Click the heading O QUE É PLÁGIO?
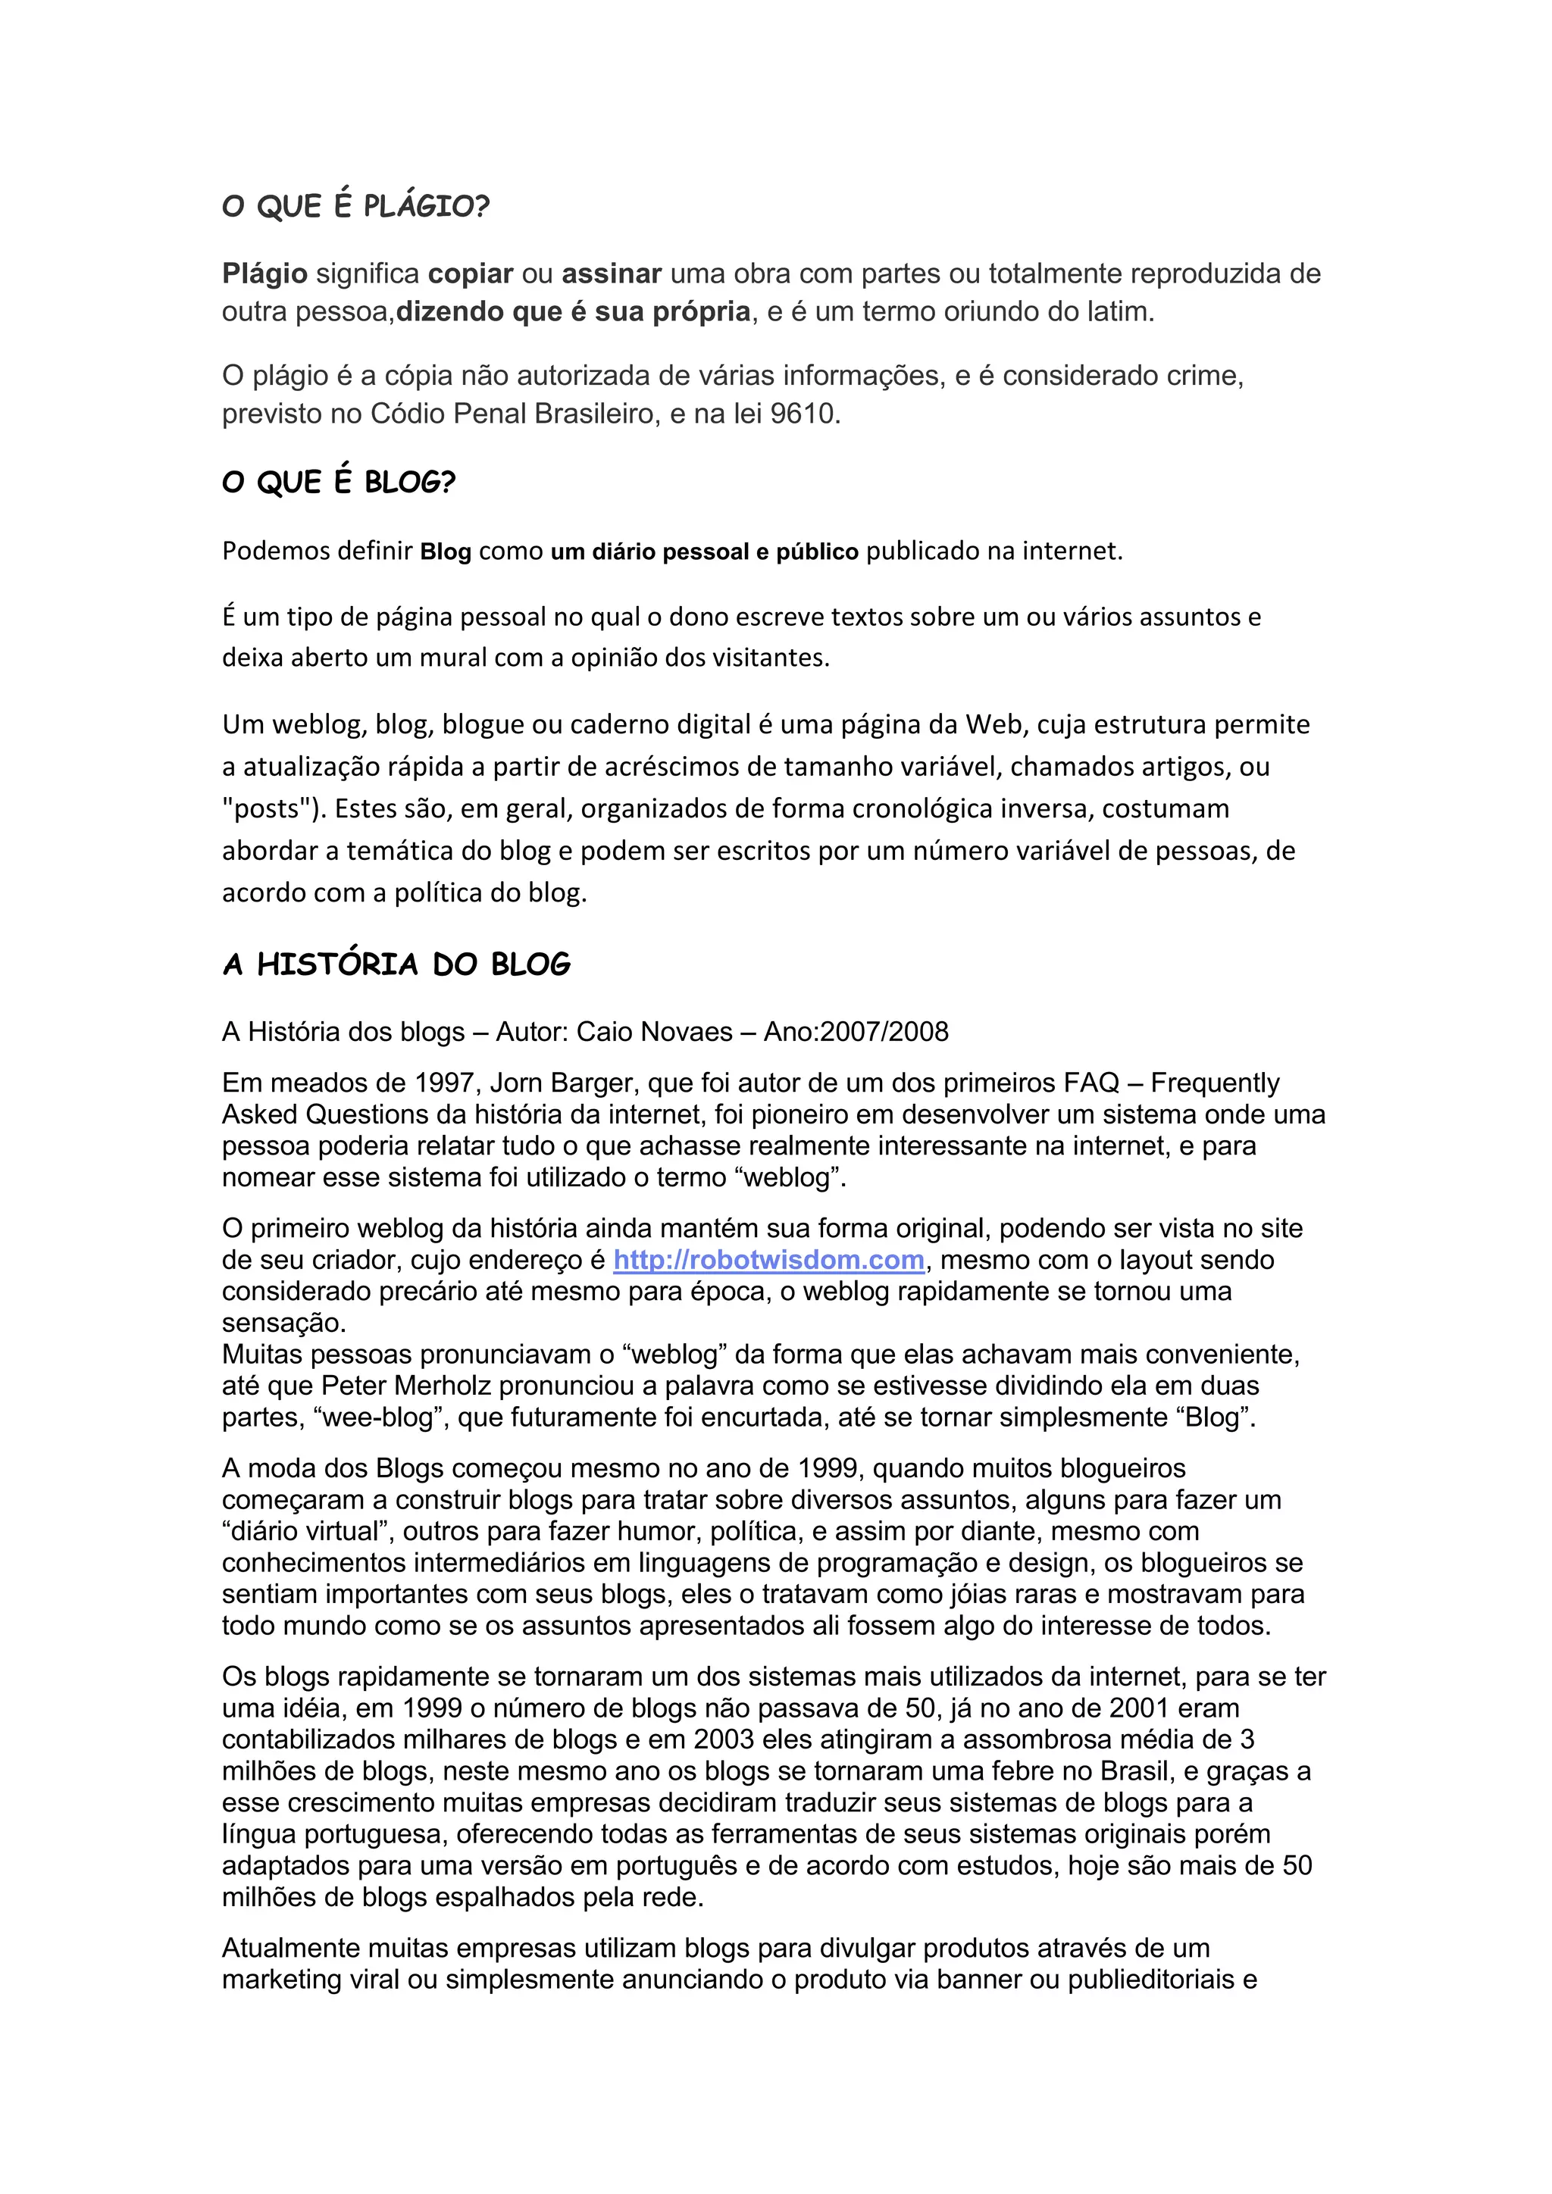355,205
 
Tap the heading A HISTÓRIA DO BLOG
396,964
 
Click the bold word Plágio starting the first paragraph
264,274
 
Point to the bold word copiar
470,274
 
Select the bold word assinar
612,274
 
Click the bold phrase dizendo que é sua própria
574,311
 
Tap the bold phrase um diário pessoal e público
704,552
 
